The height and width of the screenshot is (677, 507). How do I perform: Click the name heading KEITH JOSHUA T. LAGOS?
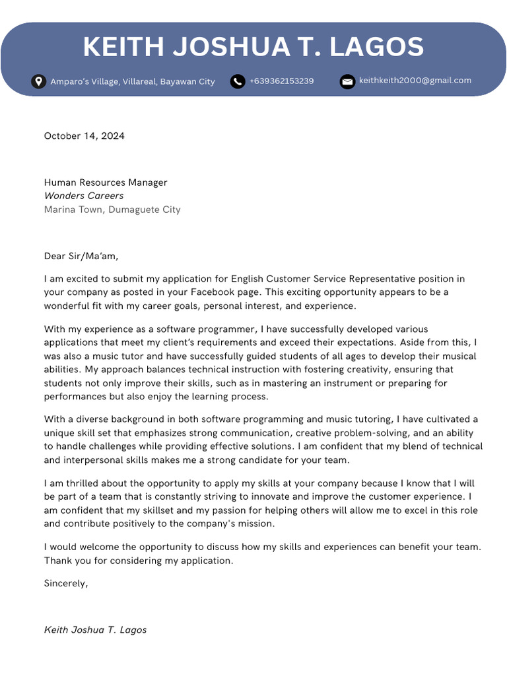[x=253, y=48]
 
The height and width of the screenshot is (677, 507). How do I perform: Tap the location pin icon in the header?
[x=39, y=81]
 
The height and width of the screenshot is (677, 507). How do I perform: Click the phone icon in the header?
[x=238, y=81]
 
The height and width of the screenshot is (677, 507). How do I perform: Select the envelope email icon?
[x=347, y=81]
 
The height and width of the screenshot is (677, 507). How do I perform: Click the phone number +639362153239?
[x=281, y=81]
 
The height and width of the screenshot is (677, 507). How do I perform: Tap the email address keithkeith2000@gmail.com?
[x=415, y=81]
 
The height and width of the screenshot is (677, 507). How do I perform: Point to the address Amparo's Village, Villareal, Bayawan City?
[x=133, y=81]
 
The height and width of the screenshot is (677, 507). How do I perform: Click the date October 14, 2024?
[x=84, y=136]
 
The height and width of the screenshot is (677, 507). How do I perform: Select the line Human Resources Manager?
[x=106, y=182]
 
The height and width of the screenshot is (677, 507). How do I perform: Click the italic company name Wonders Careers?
[x=84, y=196]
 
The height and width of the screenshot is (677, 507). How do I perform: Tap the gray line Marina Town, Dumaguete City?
[x=112, y=210]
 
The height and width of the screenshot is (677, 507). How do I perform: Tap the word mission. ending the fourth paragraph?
[x=254, y=524]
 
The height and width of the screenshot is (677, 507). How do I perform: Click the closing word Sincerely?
[x=66, y=583]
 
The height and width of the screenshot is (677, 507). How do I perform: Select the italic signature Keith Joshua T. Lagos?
[x=95, y=630]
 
